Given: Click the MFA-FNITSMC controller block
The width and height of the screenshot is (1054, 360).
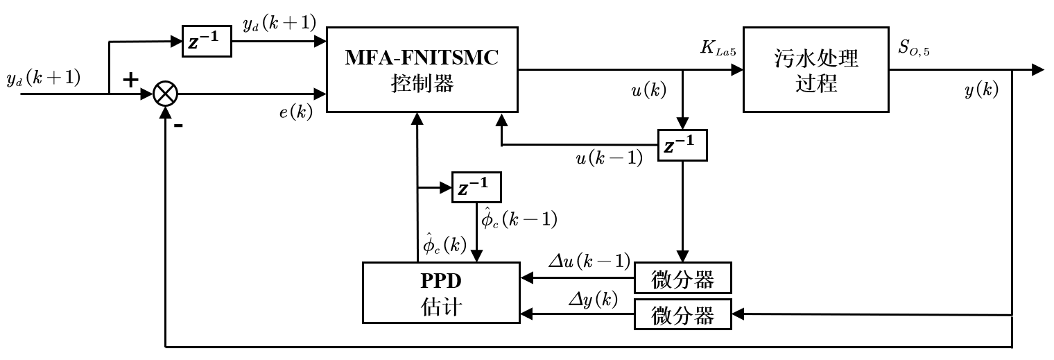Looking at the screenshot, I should pyautogui.click(x=422, y=69).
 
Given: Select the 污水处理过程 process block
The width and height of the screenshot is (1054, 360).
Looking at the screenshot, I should pyautogui.click(x=816, y=69).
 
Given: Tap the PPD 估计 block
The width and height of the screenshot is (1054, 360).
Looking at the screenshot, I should pyautogui.click(x=441, y=292).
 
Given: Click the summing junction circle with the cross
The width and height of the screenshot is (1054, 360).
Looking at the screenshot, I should pyautogui.click(x=165, y=93).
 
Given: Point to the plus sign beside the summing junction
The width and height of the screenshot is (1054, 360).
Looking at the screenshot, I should pyautogui.click(x=130, y=79).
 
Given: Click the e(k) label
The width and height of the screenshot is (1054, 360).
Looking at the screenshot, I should pyautogui.click(x=291, y=113).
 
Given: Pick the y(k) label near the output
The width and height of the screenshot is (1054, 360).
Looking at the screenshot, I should pyautogui.click(x=981, y=90).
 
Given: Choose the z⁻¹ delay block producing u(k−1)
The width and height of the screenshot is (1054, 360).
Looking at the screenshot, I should pyautogui.click(x=683, y=146).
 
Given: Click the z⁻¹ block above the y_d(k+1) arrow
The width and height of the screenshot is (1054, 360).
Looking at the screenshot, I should pyautogui.click(x=206, y=42).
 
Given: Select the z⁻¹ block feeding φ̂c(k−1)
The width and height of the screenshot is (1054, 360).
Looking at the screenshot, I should pyautogui.click(x=476, y=187).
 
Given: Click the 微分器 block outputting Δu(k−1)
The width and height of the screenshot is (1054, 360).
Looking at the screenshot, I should pyautogui.click(x=683, y=279).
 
